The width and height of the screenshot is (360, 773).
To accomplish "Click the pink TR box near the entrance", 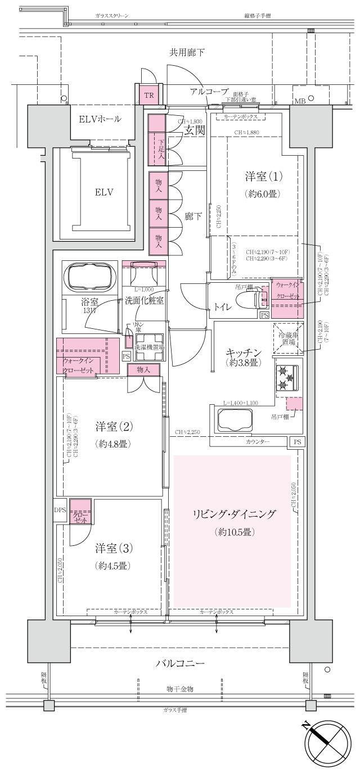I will point(148,95).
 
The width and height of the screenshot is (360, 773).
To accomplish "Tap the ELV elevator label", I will point(104,192).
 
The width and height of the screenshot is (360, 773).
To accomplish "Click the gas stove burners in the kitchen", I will point(286,377).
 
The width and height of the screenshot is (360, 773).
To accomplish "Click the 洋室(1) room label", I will point(263,176).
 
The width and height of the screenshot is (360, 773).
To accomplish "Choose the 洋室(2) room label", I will point(113,426).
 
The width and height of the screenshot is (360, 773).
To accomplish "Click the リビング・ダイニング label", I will point(233,514).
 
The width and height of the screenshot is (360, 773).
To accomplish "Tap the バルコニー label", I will point(180,663).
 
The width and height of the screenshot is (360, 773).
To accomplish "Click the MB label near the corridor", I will point(300,101).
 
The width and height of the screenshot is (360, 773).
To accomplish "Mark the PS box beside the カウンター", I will point(296,442).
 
